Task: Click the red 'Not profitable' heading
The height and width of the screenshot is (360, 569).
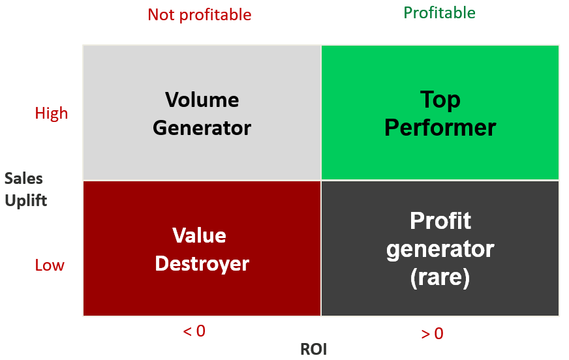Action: (x=200, y=15)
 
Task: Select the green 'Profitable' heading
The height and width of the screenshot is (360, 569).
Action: (x=439, y=13)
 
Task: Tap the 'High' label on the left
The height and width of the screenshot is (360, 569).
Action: (x=52, y=113)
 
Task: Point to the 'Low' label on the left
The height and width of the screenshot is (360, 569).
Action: (x=50, y=265)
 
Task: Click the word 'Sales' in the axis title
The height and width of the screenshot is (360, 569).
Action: (x=23, y=179)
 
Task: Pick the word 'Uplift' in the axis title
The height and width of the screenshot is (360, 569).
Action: (x=25, y=201)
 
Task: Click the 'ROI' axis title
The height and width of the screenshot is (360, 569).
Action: (x=314, y=350)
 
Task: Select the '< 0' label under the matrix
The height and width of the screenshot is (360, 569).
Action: (x=194, y=331)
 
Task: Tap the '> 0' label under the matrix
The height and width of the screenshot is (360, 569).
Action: (x=432, y=333)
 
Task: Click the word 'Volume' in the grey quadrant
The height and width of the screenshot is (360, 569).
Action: (x=202, y=100)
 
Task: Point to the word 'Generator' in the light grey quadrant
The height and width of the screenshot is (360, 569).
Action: (x=202, y=128)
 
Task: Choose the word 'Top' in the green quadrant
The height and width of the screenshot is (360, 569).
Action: (x=440, y=100)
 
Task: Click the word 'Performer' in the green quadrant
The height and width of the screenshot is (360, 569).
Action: (x=440, y=128)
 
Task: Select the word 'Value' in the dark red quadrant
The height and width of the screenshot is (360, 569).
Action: (x=199, y=235)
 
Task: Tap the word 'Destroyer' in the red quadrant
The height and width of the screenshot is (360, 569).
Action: (x=202, y=264)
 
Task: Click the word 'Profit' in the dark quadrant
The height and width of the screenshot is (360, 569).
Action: (x=440, y=220)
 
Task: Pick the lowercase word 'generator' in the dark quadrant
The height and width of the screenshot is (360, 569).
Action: (x=440, y=249)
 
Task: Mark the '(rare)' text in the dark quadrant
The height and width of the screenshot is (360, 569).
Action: (x=440, y=278)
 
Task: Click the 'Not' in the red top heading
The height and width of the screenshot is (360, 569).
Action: (x=161, y=15)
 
